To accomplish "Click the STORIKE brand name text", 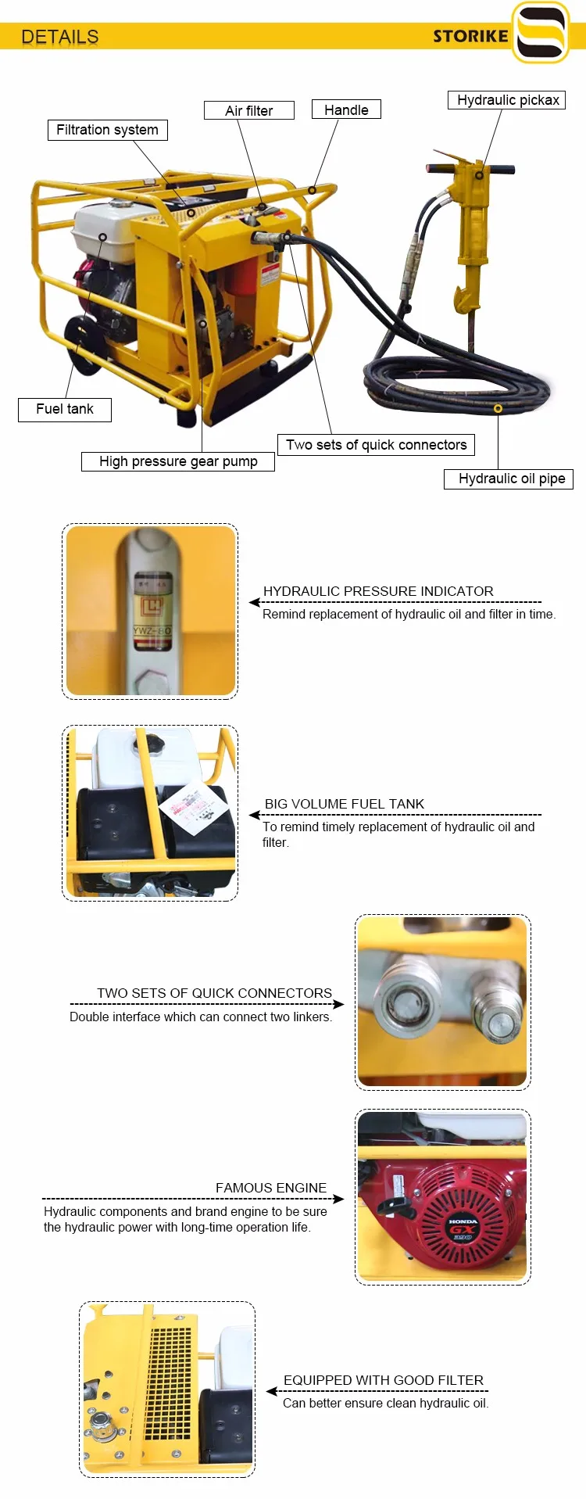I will [x=470, y=36].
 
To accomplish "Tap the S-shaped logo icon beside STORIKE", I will [x=541, y=33].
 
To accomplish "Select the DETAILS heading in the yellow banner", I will [x=60, y=37].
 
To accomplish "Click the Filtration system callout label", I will [x=107, y=130].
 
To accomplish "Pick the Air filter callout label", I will [x=248, y=111].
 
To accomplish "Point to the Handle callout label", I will [x=346, y=110].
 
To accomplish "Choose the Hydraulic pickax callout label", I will [x=508, y=100].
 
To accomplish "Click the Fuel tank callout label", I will [x=65, y=409].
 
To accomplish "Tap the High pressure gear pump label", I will [x=178, y=461].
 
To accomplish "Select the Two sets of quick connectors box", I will [x=376, y=445].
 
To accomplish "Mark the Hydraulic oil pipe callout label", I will [x=512, y=479].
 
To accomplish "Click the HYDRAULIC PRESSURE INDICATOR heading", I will [x=378, y=591].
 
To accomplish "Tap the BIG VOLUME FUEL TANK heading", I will [x=344, y=804].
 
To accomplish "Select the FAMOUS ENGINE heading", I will [x=271, y=1188].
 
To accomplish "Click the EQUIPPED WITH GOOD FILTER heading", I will [x=383, y=1380].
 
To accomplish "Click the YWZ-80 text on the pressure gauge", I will [x=152, y=630].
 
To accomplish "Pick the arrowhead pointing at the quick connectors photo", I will [x=339, y=1004].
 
